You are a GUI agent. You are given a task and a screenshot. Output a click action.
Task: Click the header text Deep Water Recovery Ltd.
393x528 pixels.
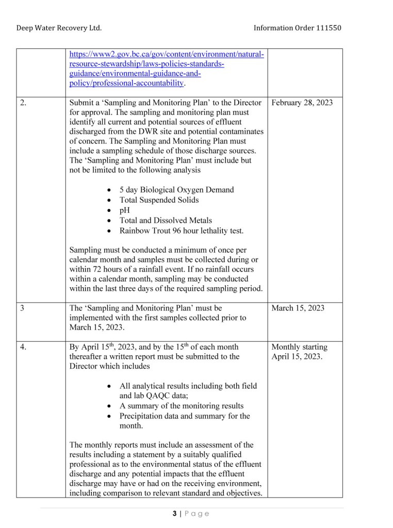59,27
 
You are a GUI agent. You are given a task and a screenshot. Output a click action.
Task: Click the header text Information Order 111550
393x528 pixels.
298,27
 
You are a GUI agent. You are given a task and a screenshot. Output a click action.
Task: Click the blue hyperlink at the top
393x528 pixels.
167,69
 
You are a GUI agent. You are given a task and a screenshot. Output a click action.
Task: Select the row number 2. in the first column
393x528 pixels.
24,103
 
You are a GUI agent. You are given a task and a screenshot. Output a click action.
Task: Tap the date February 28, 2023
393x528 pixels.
302,103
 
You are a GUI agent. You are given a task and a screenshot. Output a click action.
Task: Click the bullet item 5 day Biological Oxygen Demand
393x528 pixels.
176,190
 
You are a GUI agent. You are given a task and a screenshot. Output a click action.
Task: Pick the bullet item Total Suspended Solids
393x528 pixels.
159,200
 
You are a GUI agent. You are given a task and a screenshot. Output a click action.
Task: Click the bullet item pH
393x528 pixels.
125,210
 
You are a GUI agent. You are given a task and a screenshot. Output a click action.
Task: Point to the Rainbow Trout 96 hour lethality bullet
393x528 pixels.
181,230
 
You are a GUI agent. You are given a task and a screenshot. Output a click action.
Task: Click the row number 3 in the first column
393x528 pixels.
22,308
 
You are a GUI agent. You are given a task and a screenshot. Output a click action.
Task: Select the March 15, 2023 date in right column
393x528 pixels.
298,308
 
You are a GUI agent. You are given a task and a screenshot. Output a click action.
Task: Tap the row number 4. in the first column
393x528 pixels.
24,347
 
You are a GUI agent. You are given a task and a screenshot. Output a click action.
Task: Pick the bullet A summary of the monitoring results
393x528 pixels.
181,406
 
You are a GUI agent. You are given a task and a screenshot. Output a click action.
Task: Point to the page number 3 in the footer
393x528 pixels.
175,514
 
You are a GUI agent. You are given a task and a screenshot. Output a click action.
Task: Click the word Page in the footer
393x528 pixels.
196,514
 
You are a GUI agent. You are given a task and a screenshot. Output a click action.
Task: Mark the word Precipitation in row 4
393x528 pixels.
144,416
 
